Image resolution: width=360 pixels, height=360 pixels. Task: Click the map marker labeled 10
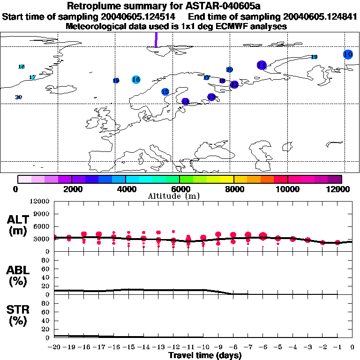point(348,54)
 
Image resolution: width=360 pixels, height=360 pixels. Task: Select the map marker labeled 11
point(262,65)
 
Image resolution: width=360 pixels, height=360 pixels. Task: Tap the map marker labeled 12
point(234,84)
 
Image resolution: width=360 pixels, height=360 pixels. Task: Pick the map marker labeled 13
point(211,97)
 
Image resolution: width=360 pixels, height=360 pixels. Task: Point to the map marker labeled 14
point(185,101)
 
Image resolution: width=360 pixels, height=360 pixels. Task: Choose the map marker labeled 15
point(165,92)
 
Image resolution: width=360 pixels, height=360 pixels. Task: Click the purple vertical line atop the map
point(156,39)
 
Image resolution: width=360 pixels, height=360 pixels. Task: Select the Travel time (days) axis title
point(205,355)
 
